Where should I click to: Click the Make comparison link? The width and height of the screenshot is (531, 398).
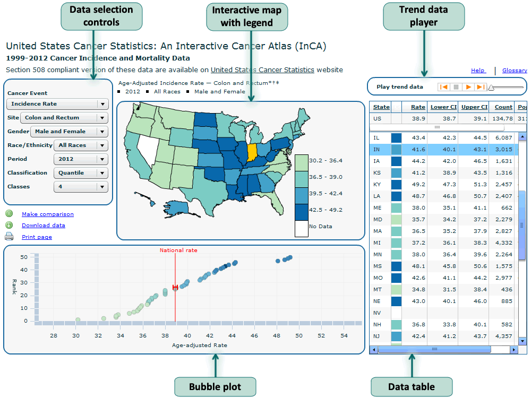coord(48,214)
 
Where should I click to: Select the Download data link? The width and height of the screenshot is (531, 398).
coord(44,226)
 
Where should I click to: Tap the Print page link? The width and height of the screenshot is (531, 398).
coord(37,237)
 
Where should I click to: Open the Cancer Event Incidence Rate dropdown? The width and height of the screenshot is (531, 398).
coord(57,104)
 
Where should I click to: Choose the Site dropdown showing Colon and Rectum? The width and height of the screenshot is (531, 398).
coord(64,118)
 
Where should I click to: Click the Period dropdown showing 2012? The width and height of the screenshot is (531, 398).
coord(81,159)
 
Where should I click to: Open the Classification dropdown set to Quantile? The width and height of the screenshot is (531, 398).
coord(81,173)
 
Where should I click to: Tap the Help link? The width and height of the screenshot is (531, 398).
coord(478,71)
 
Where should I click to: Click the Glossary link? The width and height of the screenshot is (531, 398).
coord(515,71)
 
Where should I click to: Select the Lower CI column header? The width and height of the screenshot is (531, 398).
coord(443,107)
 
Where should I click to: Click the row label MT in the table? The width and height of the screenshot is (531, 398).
coord(378,289)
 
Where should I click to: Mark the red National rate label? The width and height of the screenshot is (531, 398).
coord(175,250)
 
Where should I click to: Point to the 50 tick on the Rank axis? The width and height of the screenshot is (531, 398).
coord(24,257)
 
